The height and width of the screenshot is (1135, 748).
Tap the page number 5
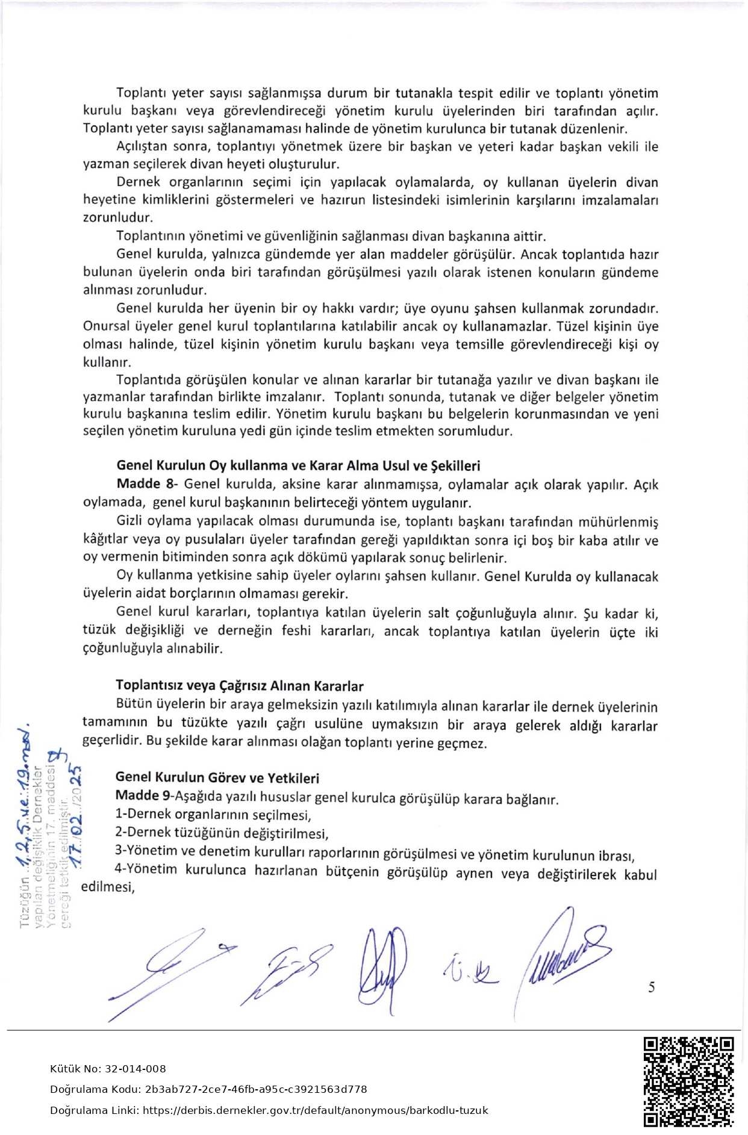(x=652, y=987)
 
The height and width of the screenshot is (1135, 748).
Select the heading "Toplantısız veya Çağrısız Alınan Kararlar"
(x=239, y=685)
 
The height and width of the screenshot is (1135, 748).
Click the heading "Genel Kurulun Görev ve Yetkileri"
(x=217, y=778)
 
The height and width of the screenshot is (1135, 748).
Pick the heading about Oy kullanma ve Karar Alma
(x=298, y=465)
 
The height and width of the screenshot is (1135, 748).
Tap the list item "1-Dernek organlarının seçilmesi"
(x=213, y=815)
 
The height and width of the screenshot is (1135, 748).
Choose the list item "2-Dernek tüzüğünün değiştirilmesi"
(x=222, y=833)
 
